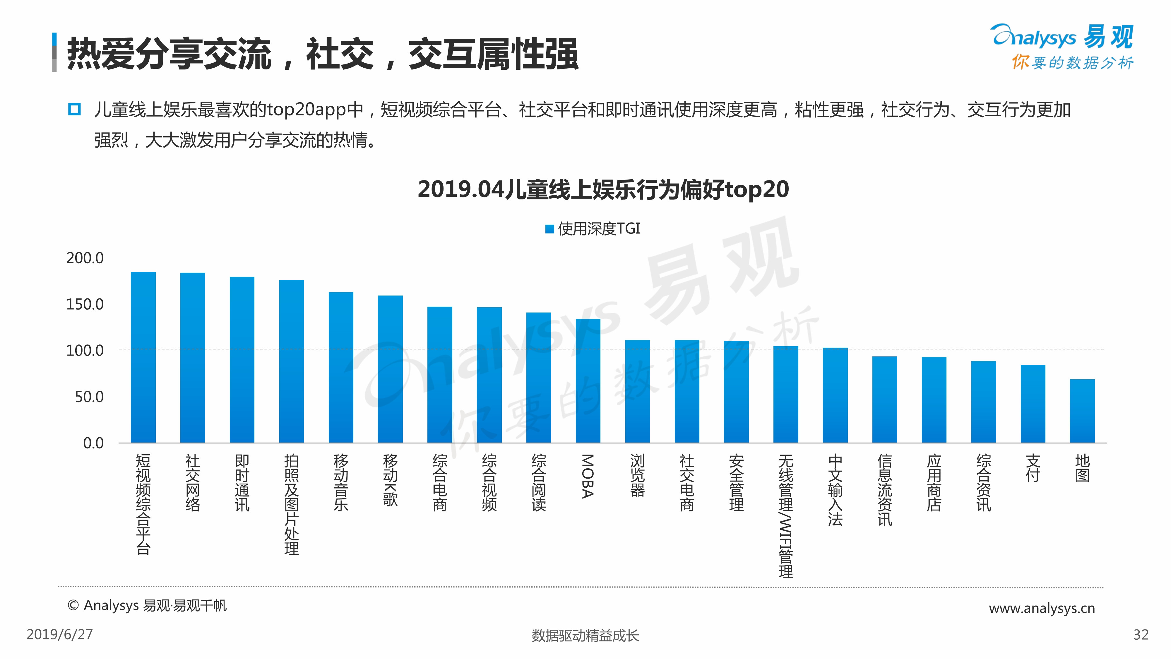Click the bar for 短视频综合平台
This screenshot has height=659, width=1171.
(143, 357)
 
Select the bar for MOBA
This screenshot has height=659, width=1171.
(588, 381)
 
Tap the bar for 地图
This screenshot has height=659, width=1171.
(1082, 411)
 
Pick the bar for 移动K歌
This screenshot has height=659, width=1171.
(390, 369)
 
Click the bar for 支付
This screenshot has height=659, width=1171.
(1033, 403)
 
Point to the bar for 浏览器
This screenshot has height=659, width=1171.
(637, 391)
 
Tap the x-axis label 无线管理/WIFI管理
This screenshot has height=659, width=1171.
(785, 515)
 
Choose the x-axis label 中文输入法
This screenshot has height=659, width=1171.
(835, 490)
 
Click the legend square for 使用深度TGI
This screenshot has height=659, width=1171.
(549, 229)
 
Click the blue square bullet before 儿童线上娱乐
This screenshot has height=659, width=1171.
(74, 110)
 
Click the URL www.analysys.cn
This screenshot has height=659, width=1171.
(1041, 608)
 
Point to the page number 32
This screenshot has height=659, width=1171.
(1141, 634)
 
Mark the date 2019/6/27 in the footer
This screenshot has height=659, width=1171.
(59, 634)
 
